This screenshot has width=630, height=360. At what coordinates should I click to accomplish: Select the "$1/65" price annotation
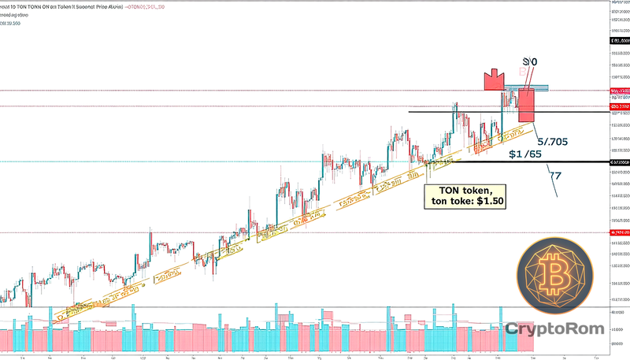tap(525, 154)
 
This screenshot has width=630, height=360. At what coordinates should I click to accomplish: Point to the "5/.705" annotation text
tap(555, 142)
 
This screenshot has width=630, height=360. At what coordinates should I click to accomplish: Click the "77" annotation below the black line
tap(556, 175)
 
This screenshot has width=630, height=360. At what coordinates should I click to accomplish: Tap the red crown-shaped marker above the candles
tap(494, 80)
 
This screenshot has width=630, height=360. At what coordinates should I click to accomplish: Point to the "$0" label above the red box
tap(531, 61)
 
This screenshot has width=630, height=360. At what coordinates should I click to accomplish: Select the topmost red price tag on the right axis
tap(619, 91)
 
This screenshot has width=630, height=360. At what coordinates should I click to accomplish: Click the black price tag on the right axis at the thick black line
tap(619, 162)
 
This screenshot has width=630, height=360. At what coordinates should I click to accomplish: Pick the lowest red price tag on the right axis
tap(619, 233)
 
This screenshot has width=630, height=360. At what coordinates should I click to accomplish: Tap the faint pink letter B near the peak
tap(520, 71)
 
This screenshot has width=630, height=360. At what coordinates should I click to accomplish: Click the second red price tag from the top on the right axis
tap(619, 106)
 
